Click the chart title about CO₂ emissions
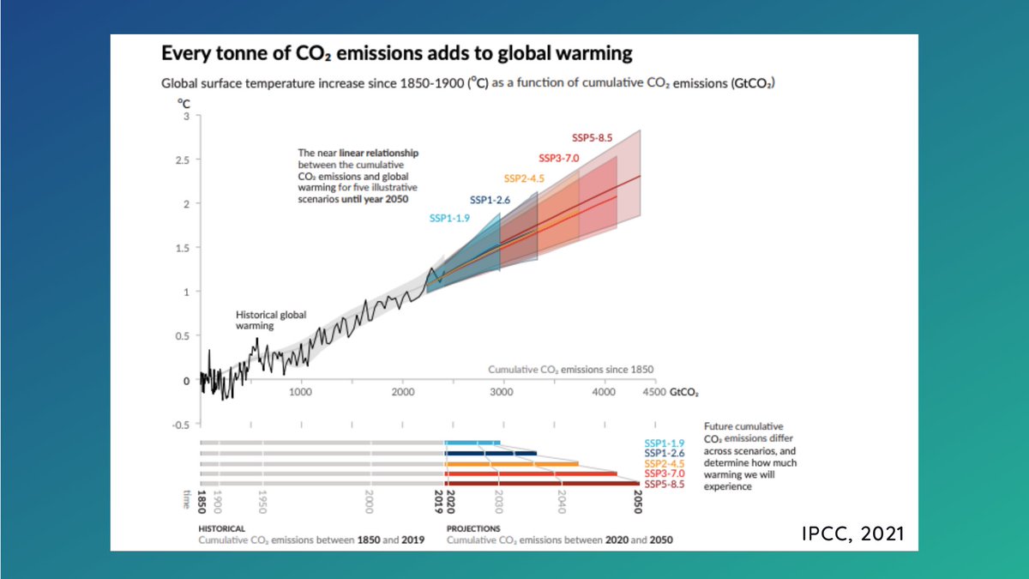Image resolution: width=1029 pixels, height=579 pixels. pos(397,54)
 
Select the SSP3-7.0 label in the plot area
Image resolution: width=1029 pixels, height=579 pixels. pos(560,158)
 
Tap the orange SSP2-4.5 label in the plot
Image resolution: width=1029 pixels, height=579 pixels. pos(523,178)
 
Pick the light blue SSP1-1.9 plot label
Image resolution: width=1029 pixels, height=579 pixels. pos(450,219)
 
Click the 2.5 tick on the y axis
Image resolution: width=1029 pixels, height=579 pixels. pos(182,160)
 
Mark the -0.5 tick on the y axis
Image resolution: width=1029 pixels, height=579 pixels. pos(179,425)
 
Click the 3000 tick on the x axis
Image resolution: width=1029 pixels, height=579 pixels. pos(501,393)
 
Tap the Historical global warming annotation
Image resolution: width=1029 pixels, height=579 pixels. pos(270,320)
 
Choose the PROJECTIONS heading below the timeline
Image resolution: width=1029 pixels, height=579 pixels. pos(473,529)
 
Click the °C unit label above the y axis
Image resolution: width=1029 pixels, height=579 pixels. pos(183,104)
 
